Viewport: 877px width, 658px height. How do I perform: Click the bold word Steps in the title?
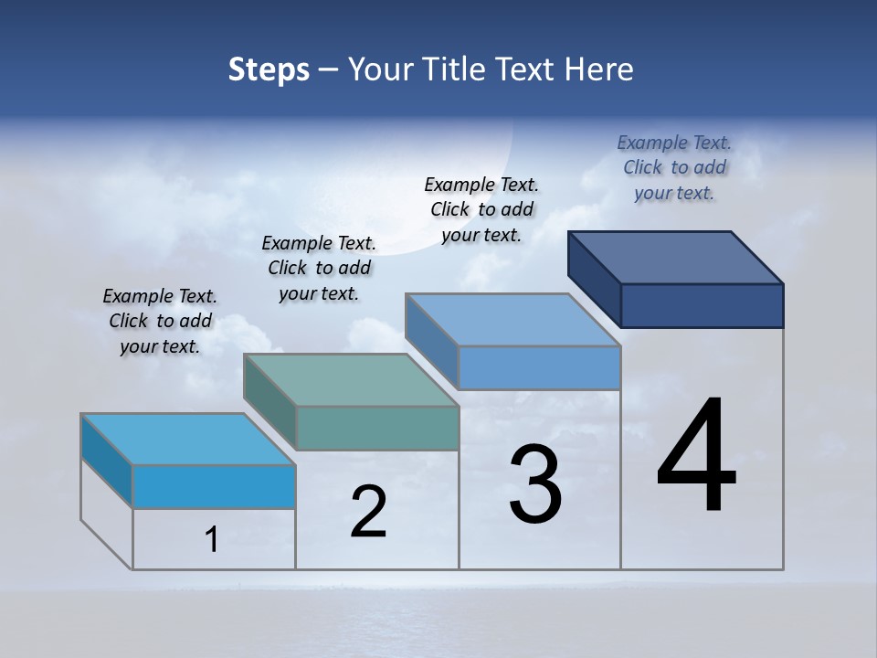(x=269, y=69)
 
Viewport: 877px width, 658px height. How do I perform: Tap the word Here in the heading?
(x=598, y=69)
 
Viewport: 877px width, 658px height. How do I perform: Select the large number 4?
(x=696, y=457)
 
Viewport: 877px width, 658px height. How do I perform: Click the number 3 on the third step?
(x=535, y=484)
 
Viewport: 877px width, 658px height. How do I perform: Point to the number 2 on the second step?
(x=368, y=512)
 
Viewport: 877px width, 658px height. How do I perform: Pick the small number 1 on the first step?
(x=212, y=540)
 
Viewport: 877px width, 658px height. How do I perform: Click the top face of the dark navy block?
(x=676, y=257)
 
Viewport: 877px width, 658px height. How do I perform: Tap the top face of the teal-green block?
(x=351, y=379)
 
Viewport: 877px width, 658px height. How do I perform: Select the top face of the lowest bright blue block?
(x=188, y=439)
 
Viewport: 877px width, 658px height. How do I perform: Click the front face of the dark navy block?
(x=702, y=305)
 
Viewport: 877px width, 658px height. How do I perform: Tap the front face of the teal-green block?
(x=377, y=428)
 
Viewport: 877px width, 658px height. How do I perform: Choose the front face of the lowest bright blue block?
(x=214, y=486)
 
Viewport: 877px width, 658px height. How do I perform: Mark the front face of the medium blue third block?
(x=539, y=367)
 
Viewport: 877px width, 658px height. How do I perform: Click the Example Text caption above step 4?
(x=674, y=143)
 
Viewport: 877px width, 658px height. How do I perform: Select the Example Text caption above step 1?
(x=160, y=296)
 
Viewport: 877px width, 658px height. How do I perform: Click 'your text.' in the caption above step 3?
(x=481, y=235)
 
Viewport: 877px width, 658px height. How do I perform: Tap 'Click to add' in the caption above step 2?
(x=319, y=268)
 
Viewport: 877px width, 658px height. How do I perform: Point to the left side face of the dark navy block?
(x=595, y=278)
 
